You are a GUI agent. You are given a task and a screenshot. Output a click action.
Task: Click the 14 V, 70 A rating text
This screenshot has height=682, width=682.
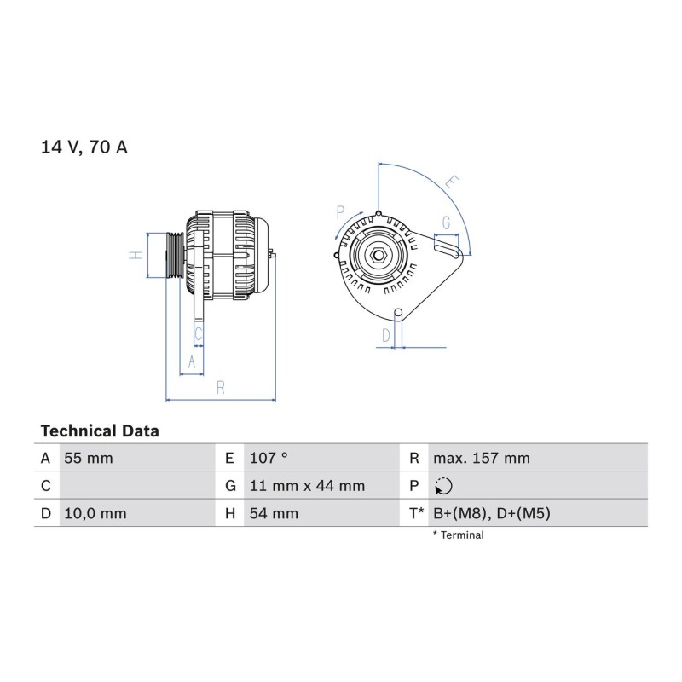point(84,147)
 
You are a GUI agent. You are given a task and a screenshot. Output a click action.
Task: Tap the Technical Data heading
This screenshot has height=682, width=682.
point(100,431)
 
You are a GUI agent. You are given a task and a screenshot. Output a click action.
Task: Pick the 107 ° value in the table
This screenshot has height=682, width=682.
point(269,458)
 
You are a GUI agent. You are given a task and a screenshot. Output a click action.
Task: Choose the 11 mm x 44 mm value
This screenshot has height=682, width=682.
point(307,486)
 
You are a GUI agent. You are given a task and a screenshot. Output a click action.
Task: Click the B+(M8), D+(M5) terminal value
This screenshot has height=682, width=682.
point(492,514)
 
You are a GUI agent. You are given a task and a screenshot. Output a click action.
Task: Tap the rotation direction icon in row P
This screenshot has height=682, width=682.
point(443,486)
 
